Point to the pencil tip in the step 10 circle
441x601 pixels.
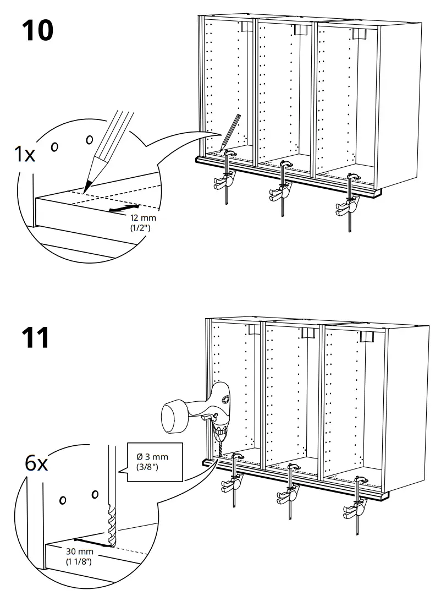tap(86, 187)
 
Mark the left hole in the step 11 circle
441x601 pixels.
tap(63, 500)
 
